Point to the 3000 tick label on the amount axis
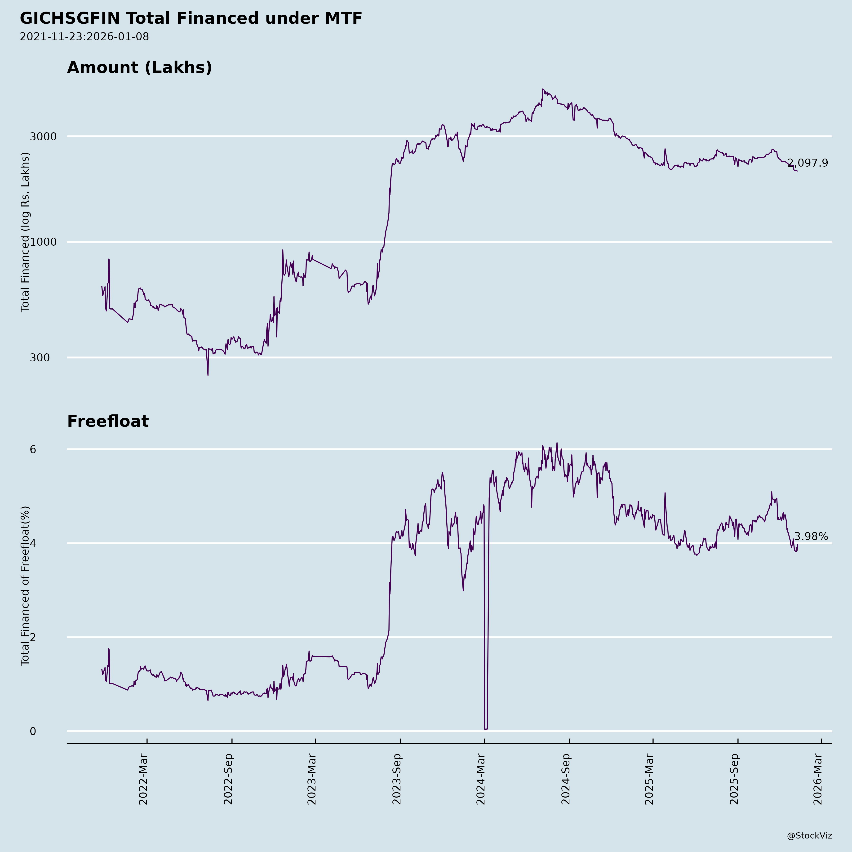(x=43, y=137)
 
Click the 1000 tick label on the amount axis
(x=43, y=242)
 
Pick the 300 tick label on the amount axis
(x=40, y=358)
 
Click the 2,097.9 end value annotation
(x=808, y=163)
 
